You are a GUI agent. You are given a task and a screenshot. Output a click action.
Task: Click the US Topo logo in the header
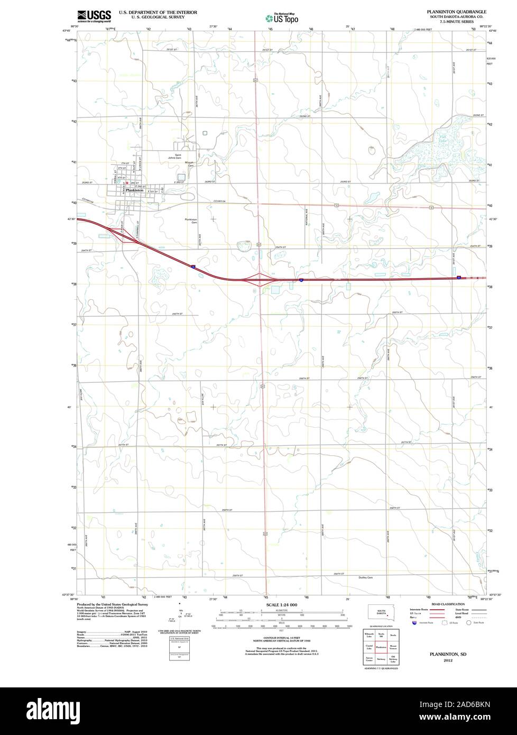(x=282, y=18)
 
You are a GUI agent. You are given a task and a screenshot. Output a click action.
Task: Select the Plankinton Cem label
(x=191, y=221)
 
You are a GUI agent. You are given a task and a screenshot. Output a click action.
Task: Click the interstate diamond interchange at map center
(x=258, y=279)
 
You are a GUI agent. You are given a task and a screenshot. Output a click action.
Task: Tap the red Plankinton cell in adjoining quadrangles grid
(x=381, y=647)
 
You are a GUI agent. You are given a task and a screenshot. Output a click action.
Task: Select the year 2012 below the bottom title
(x=448, y=661)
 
